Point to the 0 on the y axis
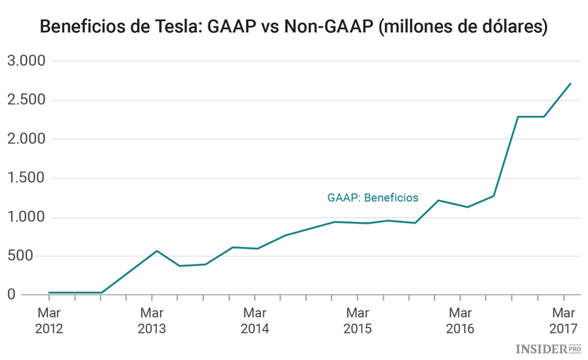pos(12,294)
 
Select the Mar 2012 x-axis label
pos(49,320)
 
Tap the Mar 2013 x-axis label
pos(151,320)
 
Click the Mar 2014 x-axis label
pos(254,320)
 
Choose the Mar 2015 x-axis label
pos(358,320)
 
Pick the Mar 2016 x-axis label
pos(460,320)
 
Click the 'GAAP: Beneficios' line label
pos(372,198)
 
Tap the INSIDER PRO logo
pos(548,347)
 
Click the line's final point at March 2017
pos(571,83)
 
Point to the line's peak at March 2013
pos(157,251)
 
